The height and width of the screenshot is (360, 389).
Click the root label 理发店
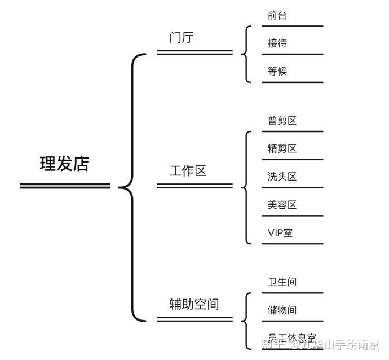point(64,164)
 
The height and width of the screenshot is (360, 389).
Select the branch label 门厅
point(182,38)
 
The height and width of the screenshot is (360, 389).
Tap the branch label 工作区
point(188,171)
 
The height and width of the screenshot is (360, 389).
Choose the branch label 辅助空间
point(194,305)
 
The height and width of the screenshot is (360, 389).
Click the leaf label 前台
point(277,15)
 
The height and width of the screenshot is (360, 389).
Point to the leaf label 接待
point(277,43)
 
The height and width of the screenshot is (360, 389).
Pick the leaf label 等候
point(277,72)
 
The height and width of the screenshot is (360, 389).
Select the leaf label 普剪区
point(282,121)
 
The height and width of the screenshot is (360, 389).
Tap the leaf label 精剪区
point(282,149)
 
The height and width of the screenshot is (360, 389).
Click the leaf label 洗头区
point(282,177)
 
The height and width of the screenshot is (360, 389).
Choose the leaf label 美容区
point(282,205)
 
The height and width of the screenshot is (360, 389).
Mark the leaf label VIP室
point(280,232)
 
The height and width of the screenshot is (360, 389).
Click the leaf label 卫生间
point(282,282)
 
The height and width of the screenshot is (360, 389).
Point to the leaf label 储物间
point(282,310)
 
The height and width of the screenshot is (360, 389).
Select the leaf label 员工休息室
point(291,338)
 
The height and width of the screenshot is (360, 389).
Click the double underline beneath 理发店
point(65,186)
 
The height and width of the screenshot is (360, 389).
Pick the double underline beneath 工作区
point(194,185)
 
